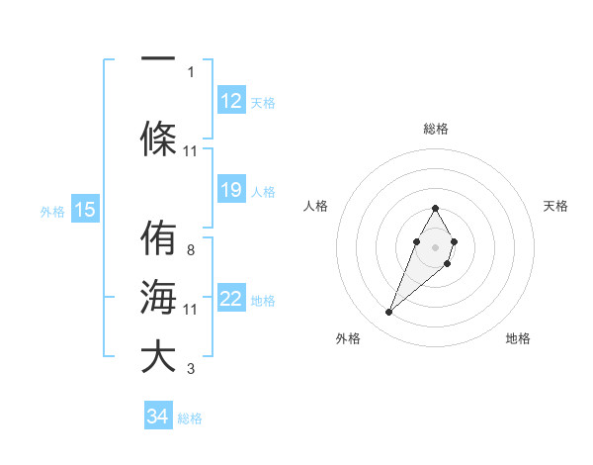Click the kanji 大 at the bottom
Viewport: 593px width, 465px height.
[158, 356]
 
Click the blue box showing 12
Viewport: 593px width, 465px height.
[231, 100]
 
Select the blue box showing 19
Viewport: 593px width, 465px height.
[231, 190]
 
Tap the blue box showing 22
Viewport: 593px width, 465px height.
[231, 299]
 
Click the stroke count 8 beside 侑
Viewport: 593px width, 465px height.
[190, 249]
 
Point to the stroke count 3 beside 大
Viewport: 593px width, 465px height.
[190, 369]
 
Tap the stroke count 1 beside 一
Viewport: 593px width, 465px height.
[190, 71]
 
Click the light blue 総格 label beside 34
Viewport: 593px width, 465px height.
[190, 418]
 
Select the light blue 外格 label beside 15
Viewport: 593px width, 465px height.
[52, 211]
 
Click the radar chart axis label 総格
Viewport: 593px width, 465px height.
[436, 129]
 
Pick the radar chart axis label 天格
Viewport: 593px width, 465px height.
[556, 206]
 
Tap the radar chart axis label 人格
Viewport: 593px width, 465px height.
[316, 206]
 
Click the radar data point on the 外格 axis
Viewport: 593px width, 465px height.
[388, 313]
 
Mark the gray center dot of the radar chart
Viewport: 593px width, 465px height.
[436, 247]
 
